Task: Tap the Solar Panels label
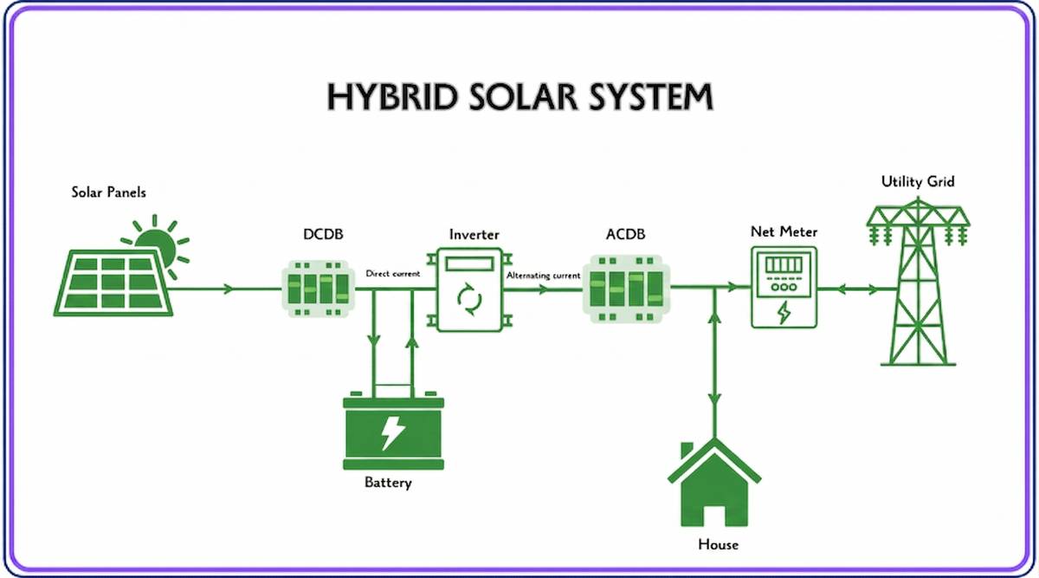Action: (108, 192)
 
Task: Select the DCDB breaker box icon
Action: (319, 289)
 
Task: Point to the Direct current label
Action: (393, 274)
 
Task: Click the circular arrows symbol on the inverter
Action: (469, 299)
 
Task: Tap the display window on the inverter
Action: (469, 263)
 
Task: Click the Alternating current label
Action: (543, 276)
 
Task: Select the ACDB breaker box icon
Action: (626, 289)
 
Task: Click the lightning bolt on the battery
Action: (392, 432)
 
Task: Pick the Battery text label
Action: (388, 483)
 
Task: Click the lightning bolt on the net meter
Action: (784, 313)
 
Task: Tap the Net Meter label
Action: (784, 231)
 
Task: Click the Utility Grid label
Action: (918, 181)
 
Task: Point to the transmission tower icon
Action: (919, 282)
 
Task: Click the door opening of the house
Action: (714, 516)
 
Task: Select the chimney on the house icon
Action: (687, 450)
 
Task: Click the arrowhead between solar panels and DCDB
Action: (228, 289)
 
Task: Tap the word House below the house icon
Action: (718, 544)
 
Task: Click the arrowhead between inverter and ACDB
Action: (543, 289)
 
